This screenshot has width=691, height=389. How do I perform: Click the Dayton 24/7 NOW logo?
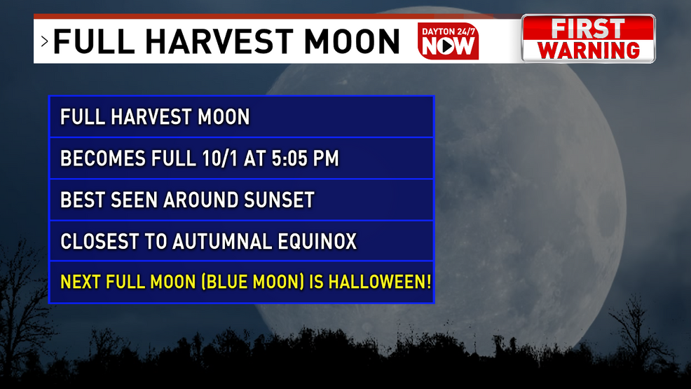pos(449,41)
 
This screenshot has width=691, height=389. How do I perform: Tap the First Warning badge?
pos(588,39)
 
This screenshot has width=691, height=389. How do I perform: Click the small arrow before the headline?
pos(45,41)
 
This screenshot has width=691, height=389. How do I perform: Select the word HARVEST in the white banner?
pos(219,41)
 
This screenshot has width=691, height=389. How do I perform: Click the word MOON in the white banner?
pos(352,41)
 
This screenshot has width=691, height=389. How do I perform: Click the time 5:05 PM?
pos(305,158)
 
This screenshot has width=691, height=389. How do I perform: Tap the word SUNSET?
pos(279,200)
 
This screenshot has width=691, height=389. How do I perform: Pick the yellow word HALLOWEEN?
pos(379,282)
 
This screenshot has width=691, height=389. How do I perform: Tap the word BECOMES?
pos(103,158)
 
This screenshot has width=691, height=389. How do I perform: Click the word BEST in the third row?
pos(83,200)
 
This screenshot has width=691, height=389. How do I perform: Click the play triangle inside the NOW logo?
pos(448,46)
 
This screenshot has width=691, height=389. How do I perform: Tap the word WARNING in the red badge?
pos(588,50)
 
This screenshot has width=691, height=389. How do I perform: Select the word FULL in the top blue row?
pos(83,117)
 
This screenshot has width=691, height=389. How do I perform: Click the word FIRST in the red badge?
pos(588,29)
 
